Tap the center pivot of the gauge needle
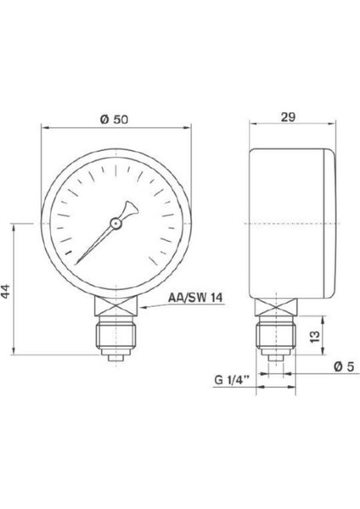[114, 223]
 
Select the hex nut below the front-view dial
[114, 305]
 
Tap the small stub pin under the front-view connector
[114, 361]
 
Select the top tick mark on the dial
[114, 163]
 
